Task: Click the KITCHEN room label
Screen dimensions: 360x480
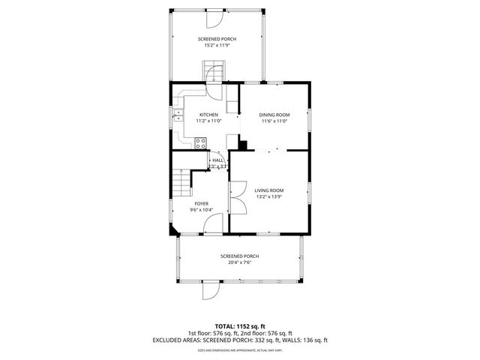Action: click(208, 115)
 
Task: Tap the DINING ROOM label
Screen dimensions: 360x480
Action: click(274, 115)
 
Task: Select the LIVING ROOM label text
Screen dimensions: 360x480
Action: click(268, 190)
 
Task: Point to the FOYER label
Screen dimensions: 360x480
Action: click(201, 203)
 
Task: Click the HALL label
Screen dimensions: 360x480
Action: click(217, 160)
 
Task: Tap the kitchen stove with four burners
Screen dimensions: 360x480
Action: click(201, 142)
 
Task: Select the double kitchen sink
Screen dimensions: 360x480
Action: click(178, 115)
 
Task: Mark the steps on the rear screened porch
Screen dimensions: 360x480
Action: click(212, 72)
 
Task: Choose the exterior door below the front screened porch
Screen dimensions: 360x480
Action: click(211, 290)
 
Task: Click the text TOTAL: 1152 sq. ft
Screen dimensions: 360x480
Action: click(239, 327)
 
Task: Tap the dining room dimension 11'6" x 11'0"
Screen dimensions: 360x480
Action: click(274, 121)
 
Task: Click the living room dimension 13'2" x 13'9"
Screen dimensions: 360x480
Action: click(268, 197)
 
